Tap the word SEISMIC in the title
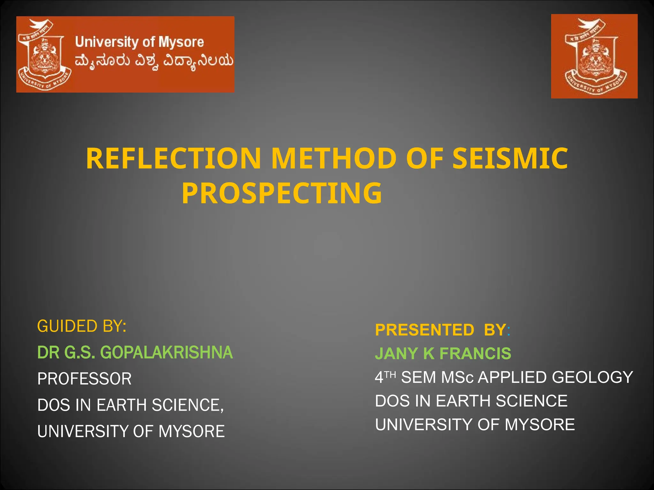click(510, 159)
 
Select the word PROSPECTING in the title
click(282, 193)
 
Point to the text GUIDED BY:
click(82, 326)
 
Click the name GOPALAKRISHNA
click(166, 353)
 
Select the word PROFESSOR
click(84, 379)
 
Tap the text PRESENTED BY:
click(443, 330)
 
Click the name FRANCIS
click(475, 353)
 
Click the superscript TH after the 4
click(390, 374)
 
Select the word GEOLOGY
click(592, 377)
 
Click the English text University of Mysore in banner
click(139, 42)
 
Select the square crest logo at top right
click(594, 56)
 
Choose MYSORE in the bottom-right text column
click(540, 425)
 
